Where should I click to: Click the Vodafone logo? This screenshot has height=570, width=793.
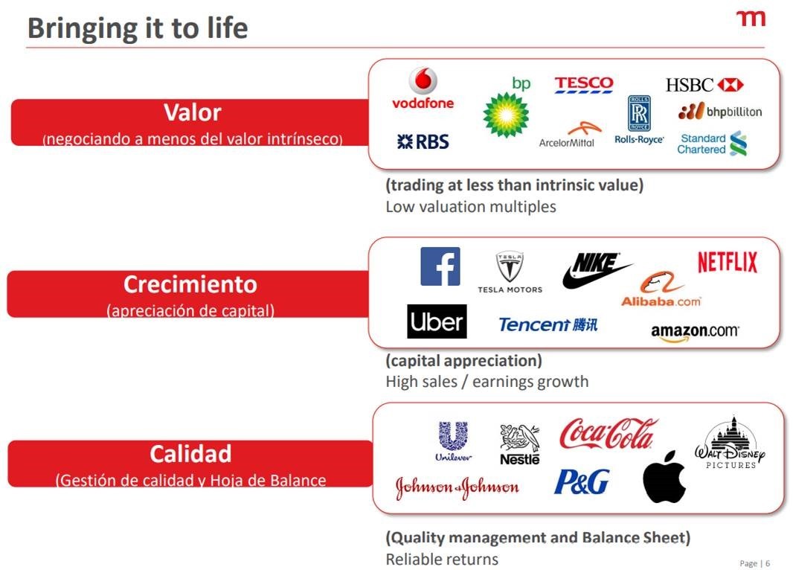point(423,88)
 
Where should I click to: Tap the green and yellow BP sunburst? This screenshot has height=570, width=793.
point(505,115)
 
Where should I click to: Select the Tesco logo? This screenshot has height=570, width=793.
point(584,85)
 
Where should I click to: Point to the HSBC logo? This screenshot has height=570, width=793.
point(704,85)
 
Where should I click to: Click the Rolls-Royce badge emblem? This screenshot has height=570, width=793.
point(639,113)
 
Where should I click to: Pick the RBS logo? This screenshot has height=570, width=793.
point(423,141)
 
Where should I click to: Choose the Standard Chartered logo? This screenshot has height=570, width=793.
point(712,144)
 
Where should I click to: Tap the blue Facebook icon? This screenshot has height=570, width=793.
point(440,266)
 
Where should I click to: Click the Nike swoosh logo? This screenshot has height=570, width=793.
point(596,271)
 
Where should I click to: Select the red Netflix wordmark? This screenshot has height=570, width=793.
point(728,262)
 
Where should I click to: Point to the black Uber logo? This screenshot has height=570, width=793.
point(437,321)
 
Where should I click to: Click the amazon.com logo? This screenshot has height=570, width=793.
point(695,333)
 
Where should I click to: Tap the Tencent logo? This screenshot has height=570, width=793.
point(548,324)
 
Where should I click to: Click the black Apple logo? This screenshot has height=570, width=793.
point(664,477)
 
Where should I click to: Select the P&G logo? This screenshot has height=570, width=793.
point(582,481)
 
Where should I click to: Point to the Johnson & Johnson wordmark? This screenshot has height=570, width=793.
point(457,487)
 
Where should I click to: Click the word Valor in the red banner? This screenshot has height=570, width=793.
point(193,112)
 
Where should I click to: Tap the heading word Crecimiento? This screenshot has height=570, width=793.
point(190,284)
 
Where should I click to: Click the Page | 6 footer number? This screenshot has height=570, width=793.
point(754,563)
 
